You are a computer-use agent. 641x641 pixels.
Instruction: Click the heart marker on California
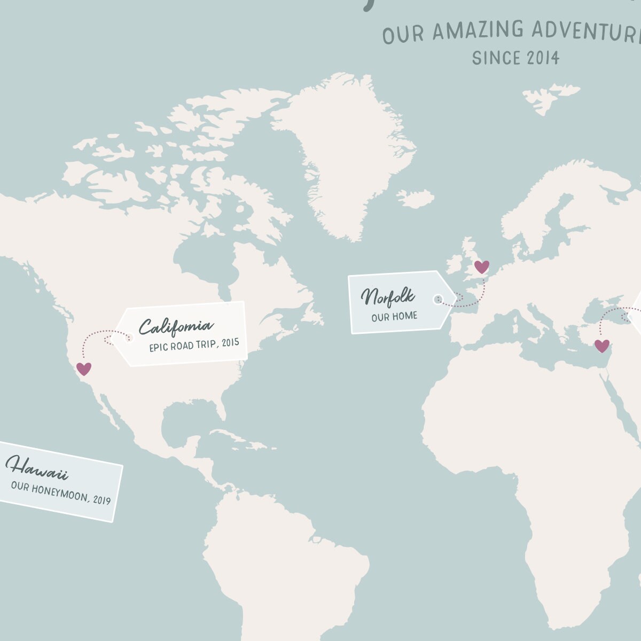click(84, 369)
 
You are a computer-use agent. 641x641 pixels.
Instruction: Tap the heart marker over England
click(482, 267)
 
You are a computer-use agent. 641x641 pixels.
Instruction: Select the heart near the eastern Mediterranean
click(602, 346)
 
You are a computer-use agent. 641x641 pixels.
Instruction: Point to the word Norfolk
click(387, 296)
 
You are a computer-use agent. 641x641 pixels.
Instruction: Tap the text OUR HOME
click(394, 317)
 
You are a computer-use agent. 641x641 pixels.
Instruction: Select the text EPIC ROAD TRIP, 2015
click(194, 345)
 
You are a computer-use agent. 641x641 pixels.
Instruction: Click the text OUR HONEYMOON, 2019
click(61, 493)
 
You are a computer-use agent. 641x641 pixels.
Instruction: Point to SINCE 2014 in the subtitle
click(515, 58)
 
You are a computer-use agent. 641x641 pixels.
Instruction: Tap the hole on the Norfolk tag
click(438, 299)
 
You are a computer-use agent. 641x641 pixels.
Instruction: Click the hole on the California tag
click(128, 337)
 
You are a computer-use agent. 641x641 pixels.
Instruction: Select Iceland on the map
click(416, 199)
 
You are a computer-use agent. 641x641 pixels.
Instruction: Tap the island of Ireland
click(454, 264)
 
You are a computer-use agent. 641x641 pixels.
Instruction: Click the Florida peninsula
click(220, 408)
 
